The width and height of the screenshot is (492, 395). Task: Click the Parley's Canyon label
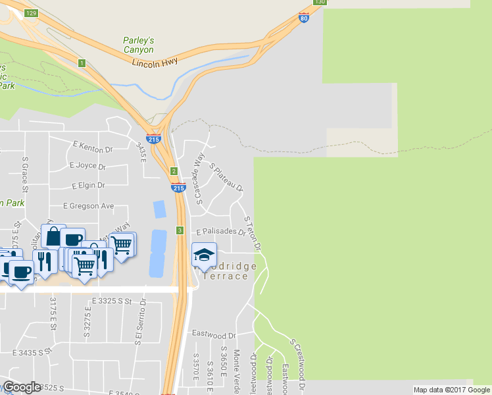(139, 45)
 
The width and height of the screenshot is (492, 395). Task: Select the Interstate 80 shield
(303, 18)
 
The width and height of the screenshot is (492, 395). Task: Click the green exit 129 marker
(32, 13)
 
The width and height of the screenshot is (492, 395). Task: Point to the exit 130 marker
(320, 2)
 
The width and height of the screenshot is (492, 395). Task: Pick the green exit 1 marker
(82, 63)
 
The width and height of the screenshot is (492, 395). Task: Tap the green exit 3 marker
(180, 230)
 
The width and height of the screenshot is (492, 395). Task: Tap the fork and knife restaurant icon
(44, 260)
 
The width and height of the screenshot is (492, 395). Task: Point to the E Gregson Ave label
(89, 206)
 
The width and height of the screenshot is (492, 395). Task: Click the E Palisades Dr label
(221, 232)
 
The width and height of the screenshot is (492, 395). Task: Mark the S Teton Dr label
(253, 234)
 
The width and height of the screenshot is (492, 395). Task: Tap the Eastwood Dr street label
(214, 334)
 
